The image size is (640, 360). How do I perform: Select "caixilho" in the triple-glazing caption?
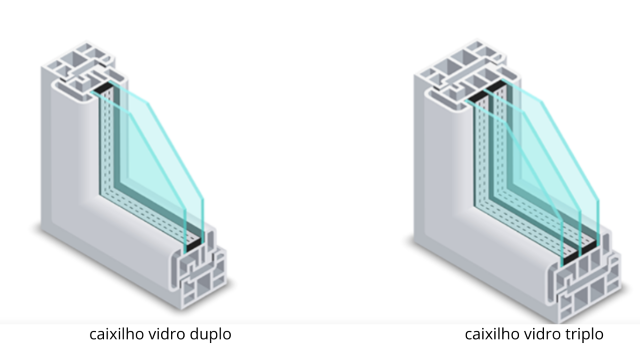tap(491, 333)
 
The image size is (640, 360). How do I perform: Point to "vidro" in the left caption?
tap(168, 333)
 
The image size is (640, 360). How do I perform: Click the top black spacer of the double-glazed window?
tap(103, 91)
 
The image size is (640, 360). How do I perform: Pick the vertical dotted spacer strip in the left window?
tap(106, 150)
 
